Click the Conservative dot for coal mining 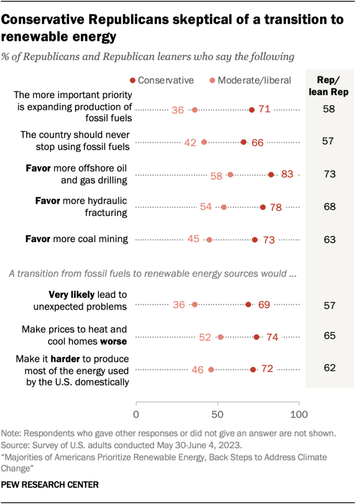click(254, 240)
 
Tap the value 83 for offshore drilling click(288, 175)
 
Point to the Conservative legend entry click(161, 80)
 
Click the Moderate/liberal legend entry click(249, 80)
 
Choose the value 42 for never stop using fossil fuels click(190, 143)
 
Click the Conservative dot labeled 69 click(248, 305)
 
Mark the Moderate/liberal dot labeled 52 click(220, 337)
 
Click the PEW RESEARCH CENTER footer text click(50, 485)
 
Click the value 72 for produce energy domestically click(267, 369)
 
